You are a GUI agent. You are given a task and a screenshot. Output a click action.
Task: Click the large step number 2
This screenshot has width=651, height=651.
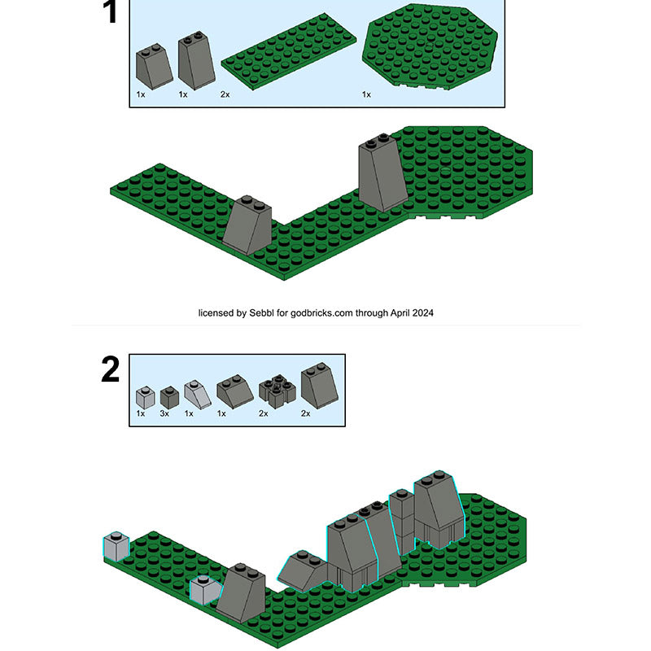pyautogui.click(x=110, y=370)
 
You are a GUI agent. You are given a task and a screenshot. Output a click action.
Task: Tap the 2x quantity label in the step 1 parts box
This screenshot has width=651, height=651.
pyautogui.click(x=225, y=94)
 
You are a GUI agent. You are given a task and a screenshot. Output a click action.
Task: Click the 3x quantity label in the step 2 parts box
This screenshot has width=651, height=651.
pyautogui.click(x=165, y=414)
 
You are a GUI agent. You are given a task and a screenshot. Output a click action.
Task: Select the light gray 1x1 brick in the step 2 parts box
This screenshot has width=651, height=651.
pyautogui.click(x=144, y=396)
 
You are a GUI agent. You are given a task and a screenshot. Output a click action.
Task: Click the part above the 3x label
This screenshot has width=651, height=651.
pyautogui.click(x=169, y=396)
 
